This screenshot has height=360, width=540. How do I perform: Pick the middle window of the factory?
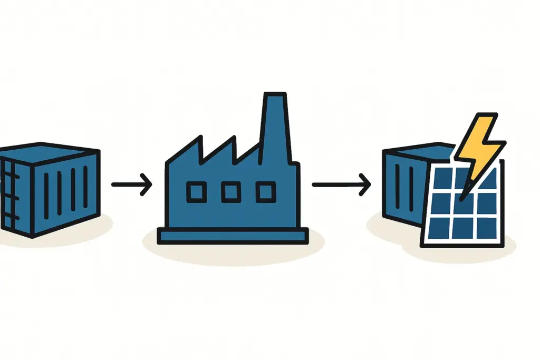pyautogui.click(x=230, y=192)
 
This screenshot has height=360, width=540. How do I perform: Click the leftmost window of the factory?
pyautogui.click(x=196, y=192)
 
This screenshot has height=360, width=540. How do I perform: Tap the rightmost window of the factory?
pyautogui.click(x=265, y=192)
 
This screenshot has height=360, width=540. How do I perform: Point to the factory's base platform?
pyautogui.click(x=233, y=236)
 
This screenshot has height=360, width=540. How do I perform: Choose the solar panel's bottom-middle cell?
pyautogui.click(x=462, y=227)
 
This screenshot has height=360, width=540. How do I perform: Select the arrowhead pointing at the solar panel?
pyautogui.click(x=365, y=184)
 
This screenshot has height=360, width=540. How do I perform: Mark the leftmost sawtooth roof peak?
pyautogui.click(x=199, y=141)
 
